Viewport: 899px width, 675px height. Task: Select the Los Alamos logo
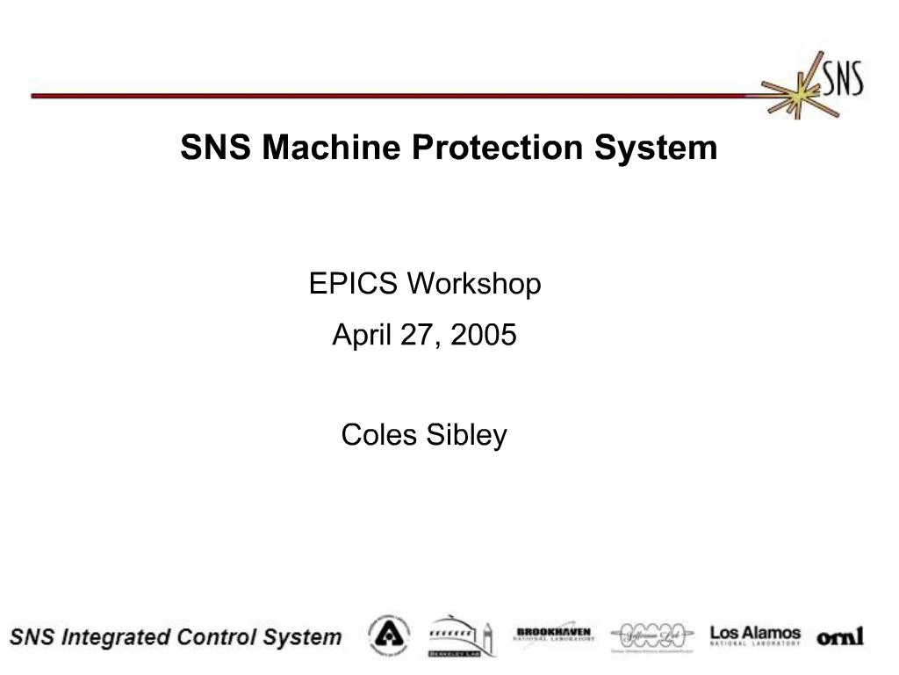[x=755, y=635]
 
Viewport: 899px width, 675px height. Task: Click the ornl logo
[x=840, y=635]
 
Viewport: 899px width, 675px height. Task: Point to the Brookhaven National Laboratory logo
[x=553, y=635]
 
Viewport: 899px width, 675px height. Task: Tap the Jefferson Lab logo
[x=651, y=635]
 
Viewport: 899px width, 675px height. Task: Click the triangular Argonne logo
[x=388, y=635]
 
